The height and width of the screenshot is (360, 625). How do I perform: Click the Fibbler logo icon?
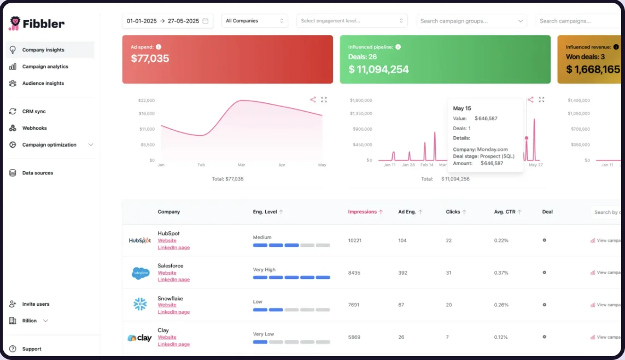click(x=15, y=23)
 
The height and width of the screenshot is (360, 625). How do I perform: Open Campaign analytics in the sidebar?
click(x=45, y=67)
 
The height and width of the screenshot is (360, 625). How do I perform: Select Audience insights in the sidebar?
click(x=43, y=84)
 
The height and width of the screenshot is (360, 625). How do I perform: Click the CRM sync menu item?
click(x=34, y=112)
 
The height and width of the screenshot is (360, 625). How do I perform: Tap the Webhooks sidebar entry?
click(x=34, y=129)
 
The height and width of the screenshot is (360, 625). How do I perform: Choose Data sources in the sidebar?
click(x=37, y=173)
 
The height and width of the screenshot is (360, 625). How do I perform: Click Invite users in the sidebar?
click(x=36, y=304)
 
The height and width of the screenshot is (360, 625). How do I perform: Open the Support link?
click(x=32, y=349)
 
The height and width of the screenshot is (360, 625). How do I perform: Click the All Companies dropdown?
click(x=255, y=21)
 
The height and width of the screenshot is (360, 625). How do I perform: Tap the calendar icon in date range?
click(x=206, y=21)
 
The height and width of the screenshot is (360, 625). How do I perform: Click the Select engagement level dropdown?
click(x=352, y=21)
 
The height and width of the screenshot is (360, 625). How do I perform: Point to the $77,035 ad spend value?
click(x=150, y=59)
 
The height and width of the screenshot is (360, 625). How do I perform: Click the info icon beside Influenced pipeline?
click(x=398, y=47)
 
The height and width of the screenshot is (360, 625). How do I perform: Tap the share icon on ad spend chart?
click(x=313, y=100)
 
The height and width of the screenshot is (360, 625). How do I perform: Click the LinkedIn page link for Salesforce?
click(x=173, y=280)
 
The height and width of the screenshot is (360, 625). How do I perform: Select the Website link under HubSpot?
click(x=167, y=241)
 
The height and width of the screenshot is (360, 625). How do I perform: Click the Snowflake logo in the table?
click(x=140, y=304)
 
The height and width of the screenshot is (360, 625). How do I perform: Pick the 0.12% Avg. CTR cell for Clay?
click(x=500, y=337)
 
